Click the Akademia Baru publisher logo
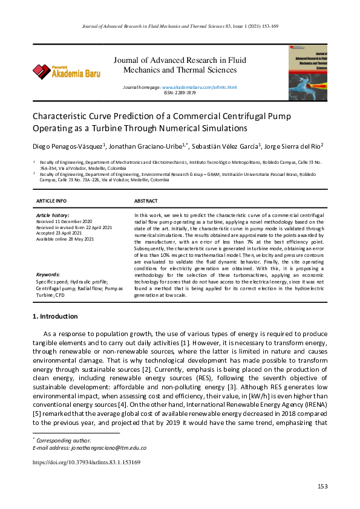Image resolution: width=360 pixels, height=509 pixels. [67, 72]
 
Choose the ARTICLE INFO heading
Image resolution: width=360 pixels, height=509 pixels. [51, 201]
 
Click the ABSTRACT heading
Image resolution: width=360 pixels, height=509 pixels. [146, 201]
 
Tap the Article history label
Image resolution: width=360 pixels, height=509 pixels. [53, 215]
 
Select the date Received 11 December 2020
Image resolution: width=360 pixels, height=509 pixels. [65, 221]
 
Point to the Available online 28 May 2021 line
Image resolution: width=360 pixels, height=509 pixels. [65, 239]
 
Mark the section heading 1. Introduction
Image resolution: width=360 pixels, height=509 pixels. [55, 316]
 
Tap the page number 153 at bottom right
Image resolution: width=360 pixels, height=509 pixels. [322, 487]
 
